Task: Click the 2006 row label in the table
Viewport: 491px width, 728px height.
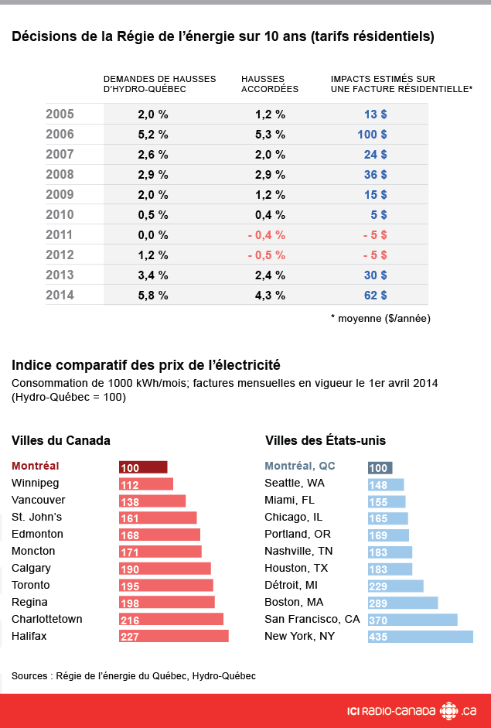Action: point(60,134)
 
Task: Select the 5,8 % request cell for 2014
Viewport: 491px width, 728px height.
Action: point(153,295)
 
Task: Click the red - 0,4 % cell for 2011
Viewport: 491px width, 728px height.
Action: point(267,234)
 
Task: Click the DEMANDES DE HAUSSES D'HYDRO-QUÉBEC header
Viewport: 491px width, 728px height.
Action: point(159,84)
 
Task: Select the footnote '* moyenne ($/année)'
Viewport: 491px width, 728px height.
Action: point(380,318)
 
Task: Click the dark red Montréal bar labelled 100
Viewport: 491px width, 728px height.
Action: point(143,467)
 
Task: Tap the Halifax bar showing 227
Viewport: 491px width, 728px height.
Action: point(173,636)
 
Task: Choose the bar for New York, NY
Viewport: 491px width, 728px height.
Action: point(420,636)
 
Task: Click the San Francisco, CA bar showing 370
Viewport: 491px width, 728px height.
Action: point(412,619)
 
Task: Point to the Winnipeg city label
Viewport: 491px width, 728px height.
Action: point(35,484)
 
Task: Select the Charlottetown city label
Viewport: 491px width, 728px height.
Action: point(46,619)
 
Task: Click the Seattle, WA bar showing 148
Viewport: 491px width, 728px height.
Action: point(386,484)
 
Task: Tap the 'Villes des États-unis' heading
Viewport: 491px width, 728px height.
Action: point(326,440)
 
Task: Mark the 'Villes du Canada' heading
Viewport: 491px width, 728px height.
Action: point(61,440)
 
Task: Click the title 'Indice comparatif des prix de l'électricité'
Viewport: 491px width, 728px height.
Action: point(145,364)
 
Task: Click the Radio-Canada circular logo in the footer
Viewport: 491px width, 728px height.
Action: point(448,710)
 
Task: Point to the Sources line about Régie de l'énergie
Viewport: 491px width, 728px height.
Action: point(133,675)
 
